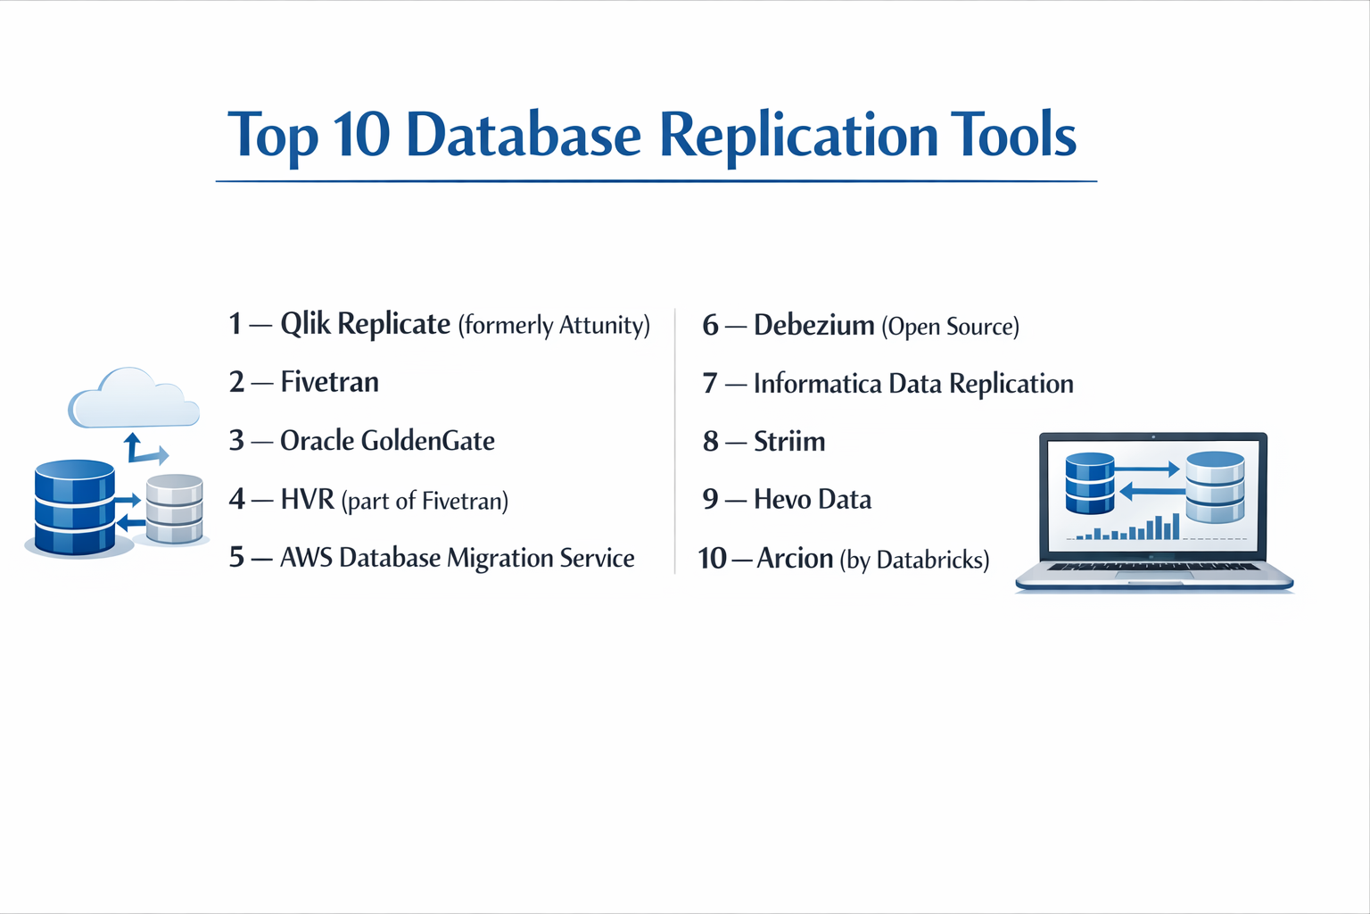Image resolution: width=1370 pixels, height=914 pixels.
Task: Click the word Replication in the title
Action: pos(798,137)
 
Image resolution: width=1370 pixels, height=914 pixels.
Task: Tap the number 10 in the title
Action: pos(361,137)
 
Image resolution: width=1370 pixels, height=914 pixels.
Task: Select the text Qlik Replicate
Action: pos(365,324)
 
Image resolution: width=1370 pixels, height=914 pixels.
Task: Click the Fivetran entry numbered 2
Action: pos(329,382)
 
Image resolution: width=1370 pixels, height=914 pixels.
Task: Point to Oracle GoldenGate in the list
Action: pos(387,441)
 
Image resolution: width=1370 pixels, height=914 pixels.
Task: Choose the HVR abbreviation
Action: pos(307,499)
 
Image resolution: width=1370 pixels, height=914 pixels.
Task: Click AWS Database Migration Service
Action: pos(457,558)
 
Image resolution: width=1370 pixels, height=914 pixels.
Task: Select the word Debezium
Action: pos(813,325)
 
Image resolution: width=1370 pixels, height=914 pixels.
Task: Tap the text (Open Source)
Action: pos(950,327)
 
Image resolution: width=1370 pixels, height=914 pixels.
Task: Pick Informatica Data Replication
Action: pos(913,384)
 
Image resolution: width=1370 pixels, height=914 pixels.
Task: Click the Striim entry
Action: pos(789,442)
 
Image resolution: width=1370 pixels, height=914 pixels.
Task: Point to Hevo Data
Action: pos(813,500)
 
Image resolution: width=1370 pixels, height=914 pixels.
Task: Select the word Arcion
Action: pos(795,559)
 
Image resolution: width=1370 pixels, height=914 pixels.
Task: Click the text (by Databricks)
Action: pos(915,561)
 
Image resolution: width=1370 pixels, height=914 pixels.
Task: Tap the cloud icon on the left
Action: pos(134,399)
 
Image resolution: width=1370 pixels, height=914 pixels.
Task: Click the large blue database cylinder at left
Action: pos(75,507)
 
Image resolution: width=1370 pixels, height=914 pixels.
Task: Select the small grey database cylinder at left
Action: pos(174,509)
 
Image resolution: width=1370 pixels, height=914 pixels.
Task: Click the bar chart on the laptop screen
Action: pos(1129,528)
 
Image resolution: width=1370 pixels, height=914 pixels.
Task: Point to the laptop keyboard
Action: pos(1153,567)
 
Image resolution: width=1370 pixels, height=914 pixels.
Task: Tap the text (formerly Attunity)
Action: pos(554,326)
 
